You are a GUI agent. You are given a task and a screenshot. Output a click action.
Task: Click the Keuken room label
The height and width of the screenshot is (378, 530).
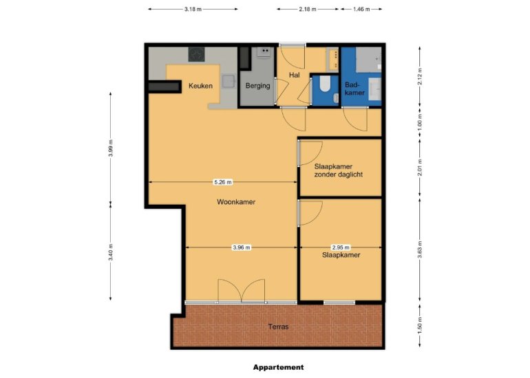click(200, 86)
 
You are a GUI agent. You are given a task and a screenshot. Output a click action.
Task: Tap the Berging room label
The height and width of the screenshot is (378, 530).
click(257, 86)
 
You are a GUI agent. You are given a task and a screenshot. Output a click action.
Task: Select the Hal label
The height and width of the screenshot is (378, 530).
click(295, 76)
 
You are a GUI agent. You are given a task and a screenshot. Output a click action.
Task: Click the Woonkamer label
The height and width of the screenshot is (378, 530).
click(236, 202)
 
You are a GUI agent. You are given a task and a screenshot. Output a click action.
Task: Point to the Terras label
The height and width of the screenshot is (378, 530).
click(278, 326)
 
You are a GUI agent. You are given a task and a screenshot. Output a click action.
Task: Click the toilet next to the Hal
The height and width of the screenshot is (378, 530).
click(325, 88)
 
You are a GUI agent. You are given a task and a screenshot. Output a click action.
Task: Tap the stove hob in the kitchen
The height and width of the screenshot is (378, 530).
click(198, 54)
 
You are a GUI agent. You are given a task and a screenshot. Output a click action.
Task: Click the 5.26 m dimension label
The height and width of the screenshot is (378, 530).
click(223, 182)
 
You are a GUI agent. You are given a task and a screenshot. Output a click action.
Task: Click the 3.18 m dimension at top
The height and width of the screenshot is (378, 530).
click(193, 10)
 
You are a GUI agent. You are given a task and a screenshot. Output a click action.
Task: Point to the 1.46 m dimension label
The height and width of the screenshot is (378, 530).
click(361, 10)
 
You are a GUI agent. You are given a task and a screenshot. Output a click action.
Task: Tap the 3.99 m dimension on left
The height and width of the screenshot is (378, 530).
click(111, 148)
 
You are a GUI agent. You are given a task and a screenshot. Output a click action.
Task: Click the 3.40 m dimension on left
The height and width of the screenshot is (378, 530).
click(111, 252)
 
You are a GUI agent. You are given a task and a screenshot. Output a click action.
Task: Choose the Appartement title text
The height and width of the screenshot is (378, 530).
click(278, 367)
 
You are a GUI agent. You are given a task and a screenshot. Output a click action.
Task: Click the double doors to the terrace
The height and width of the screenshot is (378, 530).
click(241, 291)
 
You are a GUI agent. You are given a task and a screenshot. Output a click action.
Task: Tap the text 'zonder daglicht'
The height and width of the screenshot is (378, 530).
click(338, 175)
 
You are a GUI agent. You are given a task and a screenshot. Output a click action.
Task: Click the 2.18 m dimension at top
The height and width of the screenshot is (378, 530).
click(308, 10)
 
